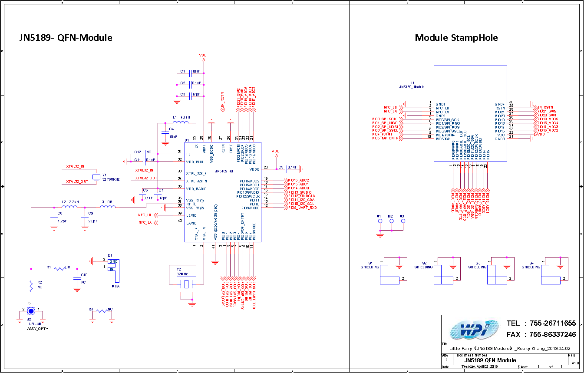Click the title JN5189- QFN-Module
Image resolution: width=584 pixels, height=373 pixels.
[66, 38]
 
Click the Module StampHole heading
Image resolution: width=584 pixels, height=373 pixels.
[456, 38]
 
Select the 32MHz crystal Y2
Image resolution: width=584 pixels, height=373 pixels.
[186, 285]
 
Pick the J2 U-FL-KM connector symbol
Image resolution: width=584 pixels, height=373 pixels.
[31, 311]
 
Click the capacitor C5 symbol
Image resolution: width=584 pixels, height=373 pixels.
[287, 167]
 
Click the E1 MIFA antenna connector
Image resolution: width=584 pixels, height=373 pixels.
[113, 269]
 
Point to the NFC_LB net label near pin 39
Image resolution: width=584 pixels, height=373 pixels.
[145, 215]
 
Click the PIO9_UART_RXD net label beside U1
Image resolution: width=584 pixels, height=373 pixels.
[302, 208]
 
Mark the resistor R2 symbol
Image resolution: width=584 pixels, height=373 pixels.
[31, 286]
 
